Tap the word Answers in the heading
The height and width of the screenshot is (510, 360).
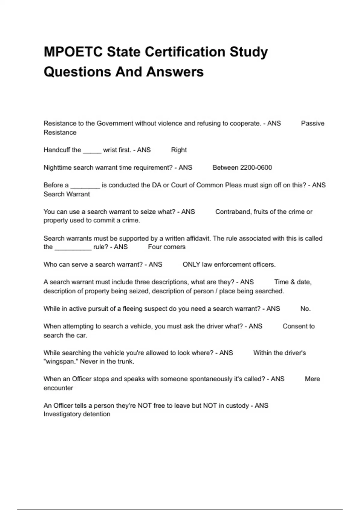[175, 72]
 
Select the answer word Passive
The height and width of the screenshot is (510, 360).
[313, 123]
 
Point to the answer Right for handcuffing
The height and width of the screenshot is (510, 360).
[179, 150]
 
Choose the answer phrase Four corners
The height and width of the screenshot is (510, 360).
[166, 247]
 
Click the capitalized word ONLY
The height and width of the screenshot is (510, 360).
[191, 265]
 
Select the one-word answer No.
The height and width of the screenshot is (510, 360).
[305, 309]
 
